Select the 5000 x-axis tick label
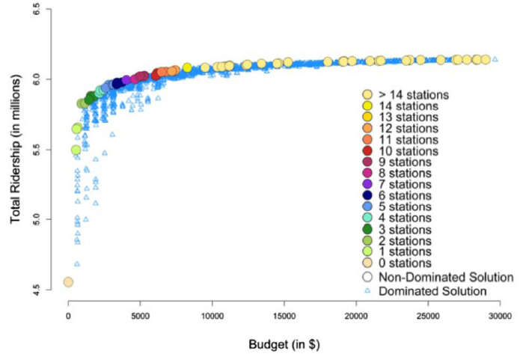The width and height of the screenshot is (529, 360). pos(140,317)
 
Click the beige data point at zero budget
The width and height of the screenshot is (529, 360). pos(68,282)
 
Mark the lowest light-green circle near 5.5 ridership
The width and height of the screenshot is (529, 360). pos(76,150)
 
